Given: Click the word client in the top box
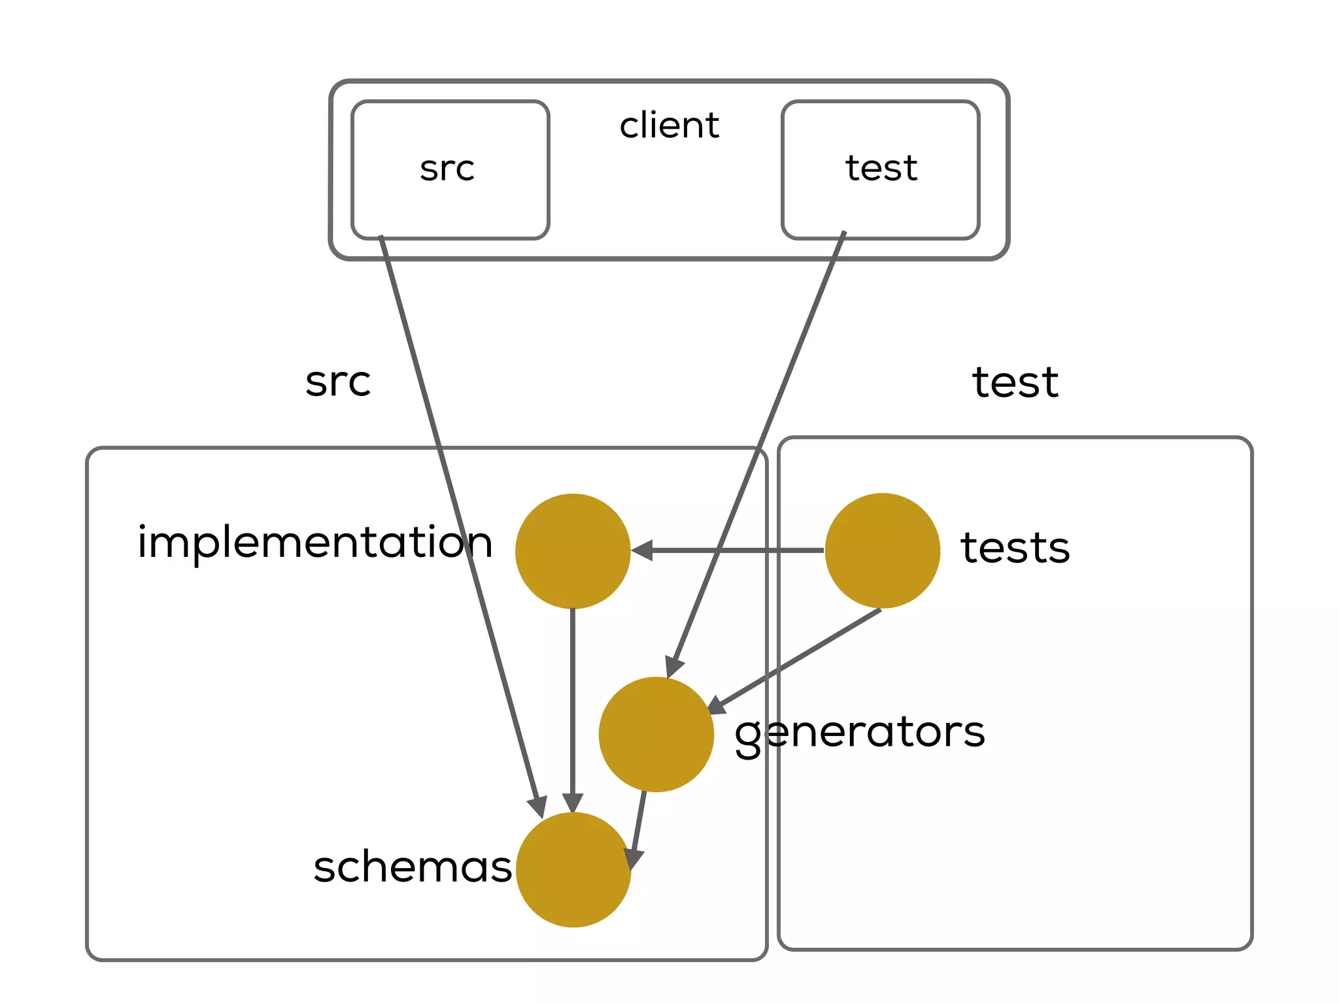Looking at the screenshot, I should pos(669,125).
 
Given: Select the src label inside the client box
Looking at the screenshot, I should pos(447,169).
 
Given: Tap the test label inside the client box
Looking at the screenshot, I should pos(881,168).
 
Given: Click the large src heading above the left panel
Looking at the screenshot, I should pos(338,382).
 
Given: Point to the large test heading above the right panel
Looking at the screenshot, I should pos(1015,382).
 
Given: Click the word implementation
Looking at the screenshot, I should pos(314,543).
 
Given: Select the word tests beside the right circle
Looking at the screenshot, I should pos(1015,547).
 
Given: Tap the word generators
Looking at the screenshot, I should pos(859,733).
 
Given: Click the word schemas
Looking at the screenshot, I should pos(413,867).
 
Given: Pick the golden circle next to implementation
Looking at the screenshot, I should pos(573,551).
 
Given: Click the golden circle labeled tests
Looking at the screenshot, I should pos(882,550).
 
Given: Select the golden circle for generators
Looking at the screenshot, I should pos(656,734).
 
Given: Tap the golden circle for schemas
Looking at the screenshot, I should pos(573,869).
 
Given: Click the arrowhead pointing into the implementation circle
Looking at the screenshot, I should pos(643,550).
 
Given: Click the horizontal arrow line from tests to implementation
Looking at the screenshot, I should pos(739,550).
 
